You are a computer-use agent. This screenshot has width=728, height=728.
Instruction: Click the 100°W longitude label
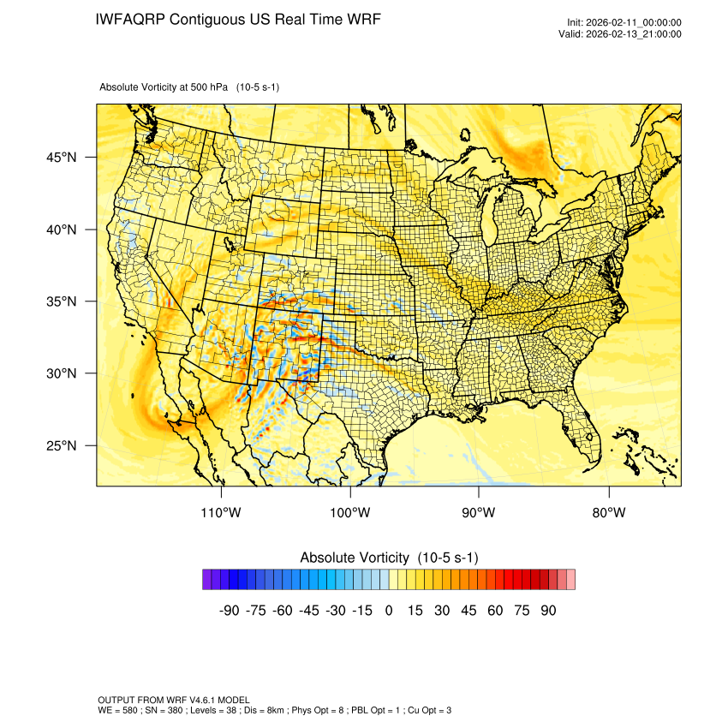[x=350, y=513]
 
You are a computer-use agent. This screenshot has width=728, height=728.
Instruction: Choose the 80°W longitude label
[x=608, y=513]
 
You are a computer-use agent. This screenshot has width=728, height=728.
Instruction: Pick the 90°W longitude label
[x=479, y=513]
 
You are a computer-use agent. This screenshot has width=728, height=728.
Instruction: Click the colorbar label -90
[x=228, y=611]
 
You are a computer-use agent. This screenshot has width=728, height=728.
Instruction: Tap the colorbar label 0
[x=389, y=611]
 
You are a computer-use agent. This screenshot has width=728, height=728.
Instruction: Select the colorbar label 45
[x=468, y=611]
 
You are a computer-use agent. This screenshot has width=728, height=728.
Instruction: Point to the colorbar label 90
[x=548, y=611]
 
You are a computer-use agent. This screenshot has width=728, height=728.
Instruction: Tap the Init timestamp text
[x=624, y=22]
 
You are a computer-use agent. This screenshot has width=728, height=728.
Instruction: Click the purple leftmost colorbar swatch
[x=207, y=580]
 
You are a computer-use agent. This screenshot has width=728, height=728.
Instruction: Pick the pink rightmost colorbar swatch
[x=570, y=580]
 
